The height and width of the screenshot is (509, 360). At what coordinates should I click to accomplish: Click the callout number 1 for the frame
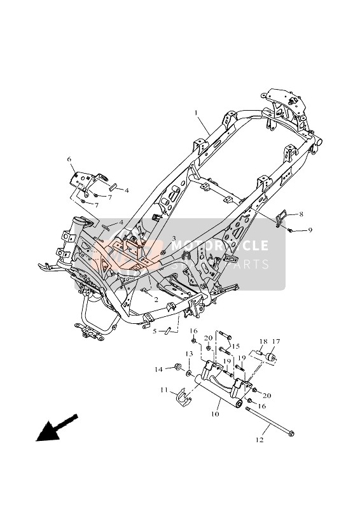pos(179,113)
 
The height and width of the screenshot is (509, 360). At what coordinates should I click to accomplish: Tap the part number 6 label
pos(69,159)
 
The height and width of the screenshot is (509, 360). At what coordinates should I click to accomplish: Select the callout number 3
pos(172,239)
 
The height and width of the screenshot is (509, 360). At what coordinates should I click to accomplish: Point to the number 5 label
pos(154,331)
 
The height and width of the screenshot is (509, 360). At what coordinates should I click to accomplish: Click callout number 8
pos(301,215)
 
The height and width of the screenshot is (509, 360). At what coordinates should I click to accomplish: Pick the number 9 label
pos(310,230)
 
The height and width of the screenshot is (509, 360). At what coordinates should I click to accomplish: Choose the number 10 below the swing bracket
pos(216,414)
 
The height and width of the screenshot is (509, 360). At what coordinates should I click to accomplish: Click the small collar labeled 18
pos(260,353)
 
